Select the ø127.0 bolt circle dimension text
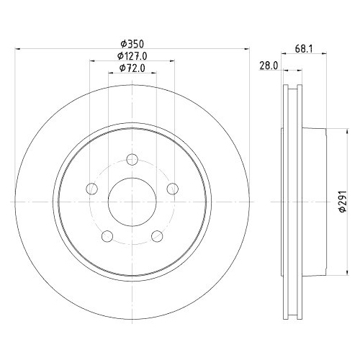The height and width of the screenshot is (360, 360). coord(132,55)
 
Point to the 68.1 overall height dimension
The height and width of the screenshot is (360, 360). coord(305,49)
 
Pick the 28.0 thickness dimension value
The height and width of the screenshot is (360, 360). coord(268,65)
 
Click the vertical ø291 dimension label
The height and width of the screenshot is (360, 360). coord(343,203)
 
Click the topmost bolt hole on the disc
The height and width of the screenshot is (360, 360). coord(132,160)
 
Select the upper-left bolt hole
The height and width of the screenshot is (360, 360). coord(91,189)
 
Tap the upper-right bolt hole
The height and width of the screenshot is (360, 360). coord(171,189)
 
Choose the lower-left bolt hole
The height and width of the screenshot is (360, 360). coord(107,235)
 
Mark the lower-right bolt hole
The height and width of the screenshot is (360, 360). coord(156,235)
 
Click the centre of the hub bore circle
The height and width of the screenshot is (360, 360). coord(132,202)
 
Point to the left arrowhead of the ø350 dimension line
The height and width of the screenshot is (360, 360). coord(18,49)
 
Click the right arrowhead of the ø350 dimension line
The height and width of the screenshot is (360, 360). coord(246,49)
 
